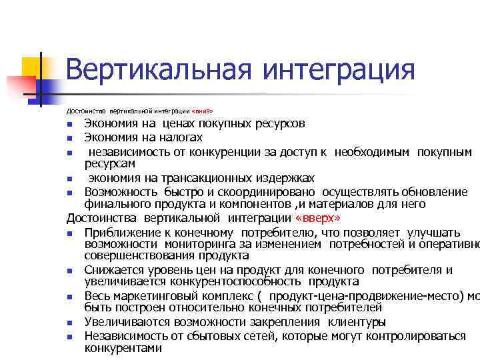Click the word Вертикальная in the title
pos(157,70)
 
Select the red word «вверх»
pos(322,218)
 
